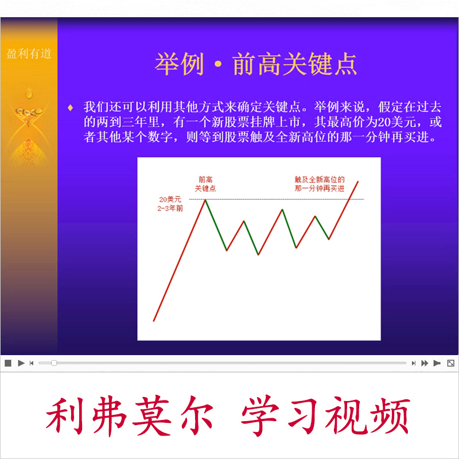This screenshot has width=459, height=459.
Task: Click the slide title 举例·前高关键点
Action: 256,64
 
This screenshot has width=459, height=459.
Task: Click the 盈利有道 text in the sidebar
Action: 29,54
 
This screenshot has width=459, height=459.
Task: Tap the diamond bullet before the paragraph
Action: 71,107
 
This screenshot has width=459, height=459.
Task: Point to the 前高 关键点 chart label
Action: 205,184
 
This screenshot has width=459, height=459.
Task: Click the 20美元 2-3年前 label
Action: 171,204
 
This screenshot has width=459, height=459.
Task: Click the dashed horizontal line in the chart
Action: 275,199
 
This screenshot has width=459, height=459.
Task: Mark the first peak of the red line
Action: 205,200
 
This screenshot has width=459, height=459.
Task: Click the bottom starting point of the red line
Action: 154,321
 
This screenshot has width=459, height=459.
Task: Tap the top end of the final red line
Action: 358,181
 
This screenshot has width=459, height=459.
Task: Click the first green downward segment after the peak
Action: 216,225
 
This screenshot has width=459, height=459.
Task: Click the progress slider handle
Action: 54,363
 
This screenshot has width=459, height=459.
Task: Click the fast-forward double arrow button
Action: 425,363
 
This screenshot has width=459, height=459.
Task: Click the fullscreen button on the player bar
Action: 450,363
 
